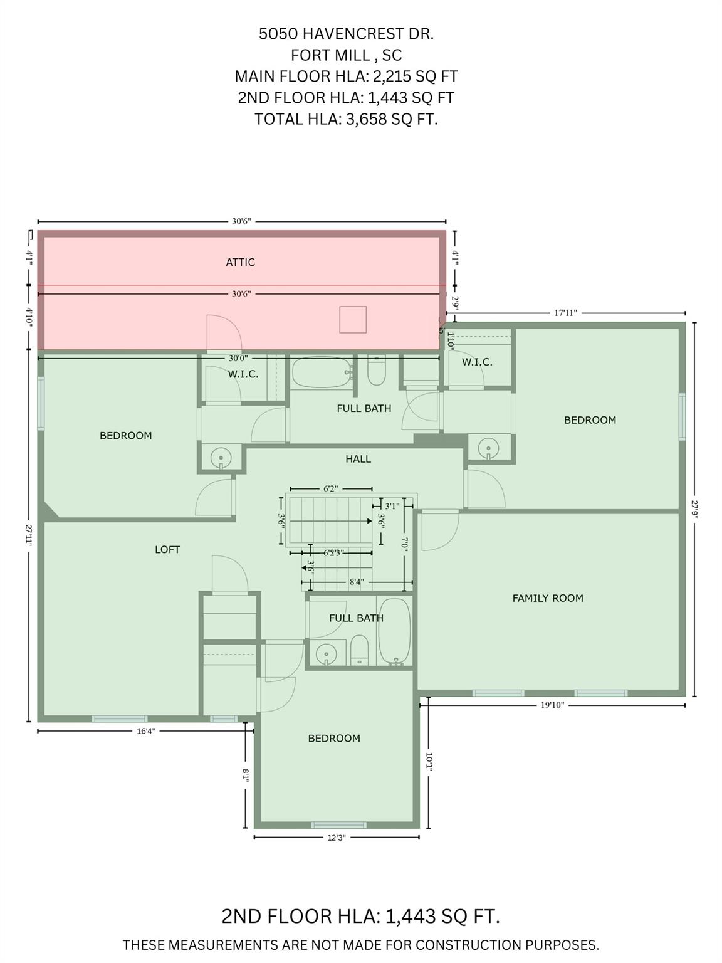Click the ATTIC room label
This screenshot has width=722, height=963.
point(240,262)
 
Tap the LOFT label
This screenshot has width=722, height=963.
point(167,550)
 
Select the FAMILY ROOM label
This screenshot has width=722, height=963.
point(548,598)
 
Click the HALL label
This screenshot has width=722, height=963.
point(358,459)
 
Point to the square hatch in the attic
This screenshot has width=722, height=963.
point(353,319)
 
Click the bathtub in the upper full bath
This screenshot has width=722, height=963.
point(321,373)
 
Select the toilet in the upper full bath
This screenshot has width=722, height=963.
point(376,371)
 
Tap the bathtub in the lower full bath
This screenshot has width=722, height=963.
point(395,631)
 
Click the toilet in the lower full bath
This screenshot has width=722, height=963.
point(359,650)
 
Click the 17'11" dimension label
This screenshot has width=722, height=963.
point(565,312)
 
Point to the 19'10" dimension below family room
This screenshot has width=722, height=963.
point(552,705)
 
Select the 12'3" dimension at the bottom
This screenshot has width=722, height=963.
point(337,837)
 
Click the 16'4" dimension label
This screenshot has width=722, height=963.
point(145,730)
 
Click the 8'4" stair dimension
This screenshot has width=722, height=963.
point(356,582)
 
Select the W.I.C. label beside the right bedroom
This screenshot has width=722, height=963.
point(477,362)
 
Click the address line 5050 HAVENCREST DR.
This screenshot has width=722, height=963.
point(346,34)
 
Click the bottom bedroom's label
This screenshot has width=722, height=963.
point(334,739)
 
